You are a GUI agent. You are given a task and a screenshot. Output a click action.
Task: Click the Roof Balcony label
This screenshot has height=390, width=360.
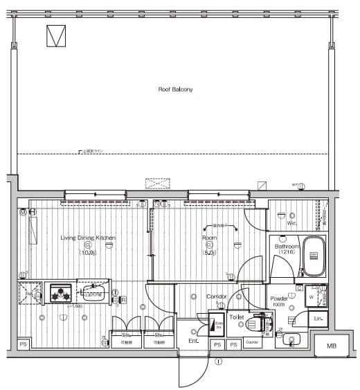coord(175,89)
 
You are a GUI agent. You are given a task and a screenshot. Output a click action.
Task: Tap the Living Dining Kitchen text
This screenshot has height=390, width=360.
coord(87,238)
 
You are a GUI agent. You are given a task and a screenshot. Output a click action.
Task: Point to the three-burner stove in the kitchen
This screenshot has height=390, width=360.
coord(60,293)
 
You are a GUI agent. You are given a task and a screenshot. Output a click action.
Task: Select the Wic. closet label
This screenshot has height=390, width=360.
coord(291,224)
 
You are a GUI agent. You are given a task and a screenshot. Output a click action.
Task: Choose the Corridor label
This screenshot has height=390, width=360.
coord(217,296)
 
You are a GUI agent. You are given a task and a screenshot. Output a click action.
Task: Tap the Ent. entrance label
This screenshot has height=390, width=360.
coord(193,342)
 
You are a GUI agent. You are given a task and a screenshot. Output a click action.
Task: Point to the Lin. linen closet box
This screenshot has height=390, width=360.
coord(319,318)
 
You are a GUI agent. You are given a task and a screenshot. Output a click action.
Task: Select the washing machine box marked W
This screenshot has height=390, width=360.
coord(312,296)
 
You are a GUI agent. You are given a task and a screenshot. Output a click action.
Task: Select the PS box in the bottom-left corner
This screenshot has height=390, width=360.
coord(23,344)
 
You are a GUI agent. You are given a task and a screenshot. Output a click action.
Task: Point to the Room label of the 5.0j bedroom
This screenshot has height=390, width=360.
coord(208,238)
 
